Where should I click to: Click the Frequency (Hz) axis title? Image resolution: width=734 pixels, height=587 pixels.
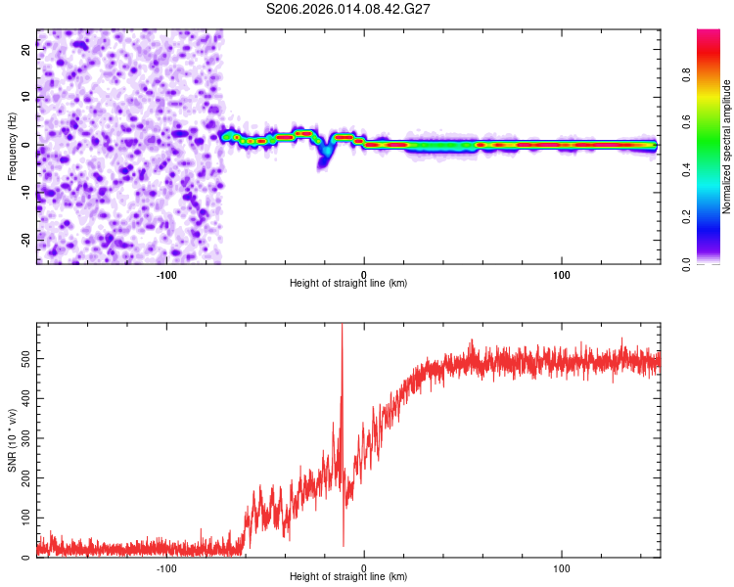[x=12, y=146]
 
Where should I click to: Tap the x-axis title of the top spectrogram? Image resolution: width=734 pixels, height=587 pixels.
[x=348, y=283]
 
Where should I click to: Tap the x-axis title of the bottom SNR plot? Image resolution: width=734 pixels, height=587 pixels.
[x=348, y=576]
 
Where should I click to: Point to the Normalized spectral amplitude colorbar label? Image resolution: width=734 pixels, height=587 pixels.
[x=726, y=147]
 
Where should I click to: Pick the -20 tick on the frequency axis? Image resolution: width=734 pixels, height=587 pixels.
[x=25, y=240]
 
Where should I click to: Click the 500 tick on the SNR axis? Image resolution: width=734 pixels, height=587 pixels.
[x=25, y=359]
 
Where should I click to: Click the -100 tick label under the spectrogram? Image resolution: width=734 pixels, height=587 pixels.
[x=166, y=273]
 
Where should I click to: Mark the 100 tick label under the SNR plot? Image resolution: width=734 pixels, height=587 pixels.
[x=562, y=566]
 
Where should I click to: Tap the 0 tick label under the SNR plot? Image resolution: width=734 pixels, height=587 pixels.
[x=364, y=566]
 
